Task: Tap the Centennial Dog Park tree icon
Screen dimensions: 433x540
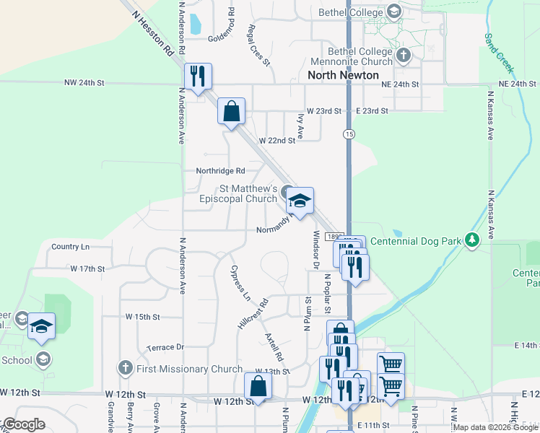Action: pyautogui.click(x=472, y=239)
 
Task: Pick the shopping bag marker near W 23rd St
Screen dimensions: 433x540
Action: pyautogui.click(x=231, y=112)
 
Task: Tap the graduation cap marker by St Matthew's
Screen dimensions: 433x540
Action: pyautogui.click(x=300, y=200)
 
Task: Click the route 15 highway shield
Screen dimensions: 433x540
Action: pyautogui.click(x=349, y=135)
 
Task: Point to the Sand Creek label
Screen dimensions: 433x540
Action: pyautogui.click(x=498, y=53)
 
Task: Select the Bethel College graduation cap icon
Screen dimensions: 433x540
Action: pyautogui.click(x=394, y=12)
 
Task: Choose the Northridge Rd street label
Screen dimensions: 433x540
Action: pyautogui.click(x=221, y=171)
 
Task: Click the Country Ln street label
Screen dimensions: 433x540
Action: pyautogui.click(x=71, y=247)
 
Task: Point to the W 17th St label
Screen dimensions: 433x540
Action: pyautogui.click(x=88, y=268)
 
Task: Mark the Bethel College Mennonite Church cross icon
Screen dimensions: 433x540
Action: pyautogui.click(x=404, y=54)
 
